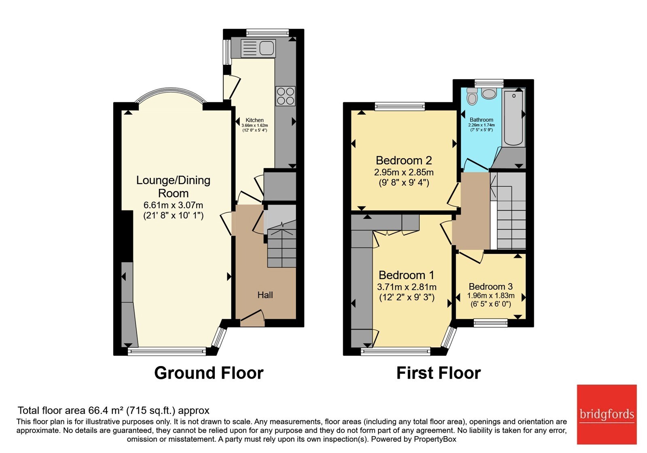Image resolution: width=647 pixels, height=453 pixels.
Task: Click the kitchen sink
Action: tap(258, 48)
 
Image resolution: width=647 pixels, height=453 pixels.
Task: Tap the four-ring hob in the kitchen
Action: tap(285, 96)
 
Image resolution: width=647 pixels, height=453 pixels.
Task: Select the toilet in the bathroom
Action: tap(472, 96)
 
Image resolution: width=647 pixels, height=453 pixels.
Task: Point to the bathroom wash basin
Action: tap(489, 93)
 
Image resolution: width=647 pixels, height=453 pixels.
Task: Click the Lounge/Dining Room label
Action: tap(173, 186)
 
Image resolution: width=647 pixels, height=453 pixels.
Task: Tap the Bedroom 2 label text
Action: tap(404, 160)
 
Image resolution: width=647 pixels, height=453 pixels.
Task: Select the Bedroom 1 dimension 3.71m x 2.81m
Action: tap(406, 287)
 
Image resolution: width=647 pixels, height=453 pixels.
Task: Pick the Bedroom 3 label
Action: tap(491, 286)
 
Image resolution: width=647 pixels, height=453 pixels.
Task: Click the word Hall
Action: tap(265, 295)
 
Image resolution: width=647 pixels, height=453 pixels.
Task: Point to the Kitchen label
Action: tap(254, 120)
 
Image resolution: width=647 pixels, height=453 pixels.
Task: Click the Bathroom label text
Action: tap(481, 120)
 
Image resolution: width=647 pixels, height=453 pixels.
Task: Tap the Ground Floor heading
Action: tap(209, 373)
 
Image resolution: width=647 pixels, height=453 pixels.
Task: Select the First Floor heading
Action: tap(438, 373)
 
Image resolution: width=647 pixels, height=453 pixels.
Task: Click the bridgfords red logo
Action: tap(607, 414)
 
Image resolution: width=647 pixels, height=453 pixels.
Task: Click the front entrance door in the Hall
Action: tap(252, 318)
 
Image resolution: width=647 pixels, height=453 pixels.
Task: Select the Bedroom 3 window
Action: tap(491, 323)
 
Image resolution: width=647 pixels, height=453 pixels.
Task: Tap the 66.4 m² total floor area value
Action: tap(106, 410)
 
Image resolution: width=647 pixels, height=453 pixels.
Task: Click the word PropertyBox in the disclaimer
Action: tap(435, 439)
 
